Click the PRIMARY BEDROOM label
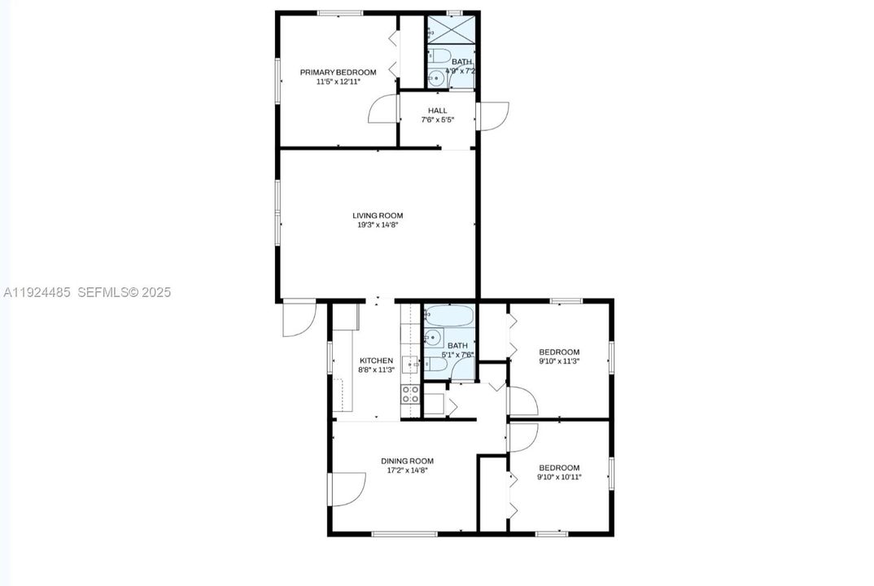tap(338, 72)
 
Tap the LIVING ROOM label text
tap(378, 216)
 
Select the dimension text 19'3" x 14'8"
tap(378, 225)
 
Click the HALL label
tap(437, 111)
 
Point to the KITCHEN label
tap(376, 361)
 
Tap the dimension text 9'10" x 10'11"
tap(559, 478)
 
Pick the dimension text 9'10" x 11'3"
tap(559, 361)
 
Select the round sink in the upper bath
tap(436, 79)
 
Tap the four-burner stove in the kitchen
tap(410, 395)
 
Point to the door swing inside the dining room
tap(347, 488)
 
